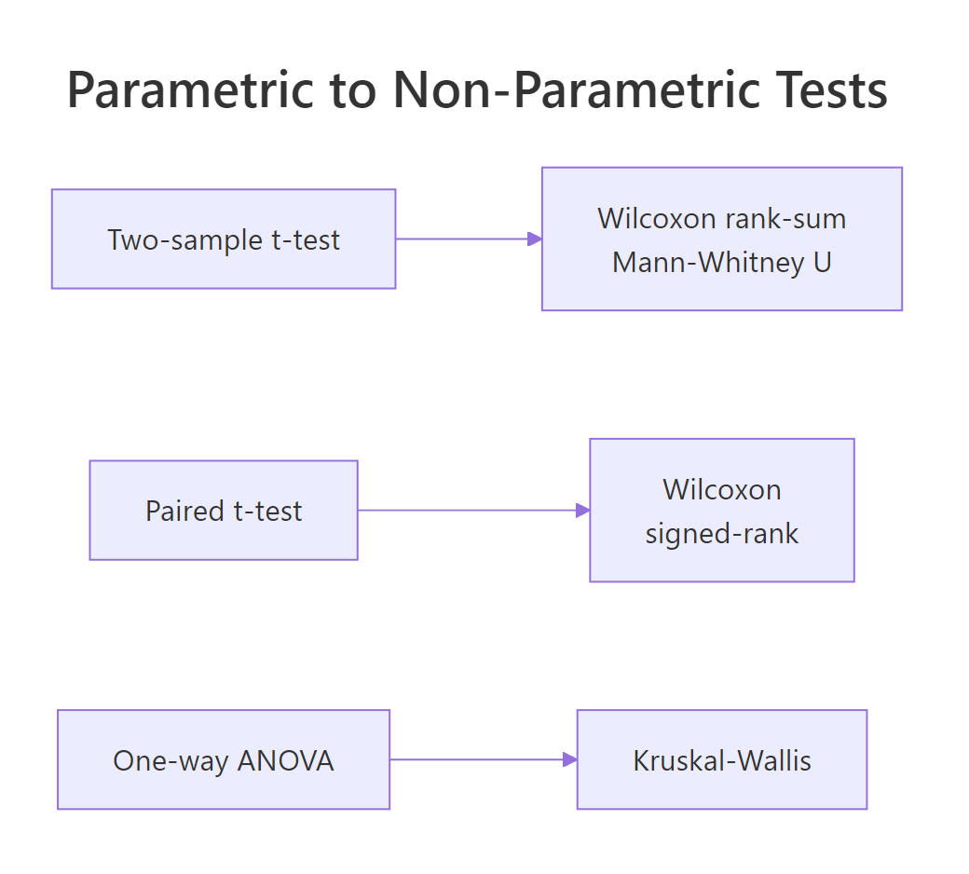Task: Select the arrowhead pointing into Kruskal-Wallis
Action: click(569, 759)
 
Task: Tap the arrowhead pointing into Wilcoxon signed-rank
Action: click(582, 510)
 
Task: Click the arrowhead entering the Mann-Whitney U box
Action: click(534, 239)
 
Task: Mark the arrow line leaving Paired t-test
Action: click(466, 510)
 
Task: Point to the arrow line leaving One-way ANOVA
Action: click(475, 759)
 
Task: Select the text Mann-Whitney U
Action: click(722, 263)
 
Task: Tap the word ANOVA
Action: click(285, 761)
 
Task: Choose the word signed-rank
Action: click(722, 534)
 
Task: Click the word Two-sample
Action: click(185, 240)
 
